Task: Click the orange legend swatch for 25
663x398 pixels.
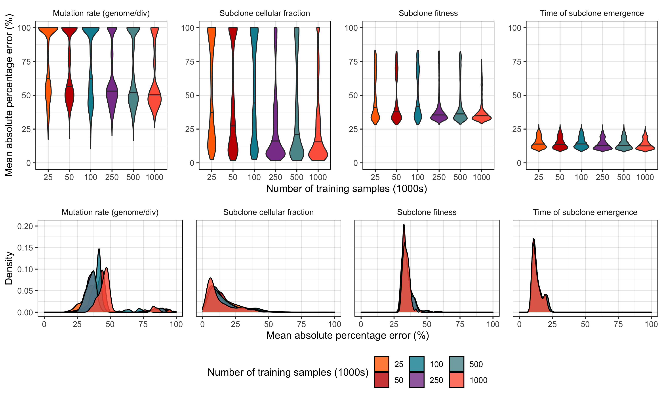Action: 381,364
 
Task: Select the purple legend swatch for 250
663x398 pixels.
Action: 416,380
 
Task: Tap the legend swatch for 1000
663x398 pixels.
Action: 456,380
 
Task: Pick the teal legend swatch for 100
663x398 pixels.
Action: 416,364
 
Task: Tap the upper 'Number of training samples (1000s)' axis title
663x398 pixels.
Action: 346,189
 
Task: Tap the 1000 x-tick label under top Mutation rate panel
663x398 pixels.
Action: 154,177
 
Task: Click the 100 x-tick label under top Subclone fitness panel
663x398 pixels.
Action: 417,177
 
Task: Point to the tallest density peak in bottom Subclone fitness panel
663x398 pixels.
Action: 404,225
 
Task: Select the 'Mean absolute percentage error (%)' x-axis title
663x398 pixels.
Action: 348,335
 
